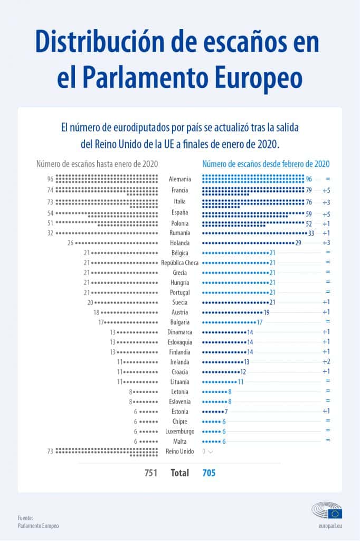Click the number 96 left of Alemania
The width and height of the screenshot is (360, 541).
click(x=50, y=179)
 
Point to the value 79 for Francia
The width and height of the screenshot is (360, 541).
click(x=309, y=190)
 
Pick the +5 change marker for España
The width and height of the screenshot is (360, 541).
click(x=326, y=214)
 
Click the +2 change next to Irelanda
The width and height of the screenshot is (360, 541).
click(x=326, y=362)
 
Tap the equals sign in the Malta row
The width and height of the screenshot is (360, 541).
click(x=328, y=440)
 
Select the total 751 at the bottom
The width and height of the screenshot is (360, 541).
click(x=151, y=473)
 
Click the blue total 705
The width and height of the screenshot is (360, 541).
click(x=209, y=473)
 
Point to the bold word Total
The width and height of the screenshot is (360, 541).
click(x=179, y=473)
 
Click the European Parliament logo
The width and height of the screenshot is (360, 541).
click(x=327, y=511)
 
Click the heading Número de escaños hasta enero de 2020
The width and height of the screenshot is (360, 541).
click(x=97, y=164)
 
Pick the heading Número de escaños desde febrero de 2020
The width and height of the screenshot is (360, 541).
click(x=266, y=164)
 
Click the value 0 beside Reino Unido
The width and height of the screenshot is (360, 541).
click(x=204, y=452)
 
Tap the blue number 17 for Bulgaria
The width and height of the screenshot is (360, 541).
click(x=260, y=322)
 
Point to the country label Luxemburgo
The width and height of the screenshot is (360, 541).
click(x=180, y=431)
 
